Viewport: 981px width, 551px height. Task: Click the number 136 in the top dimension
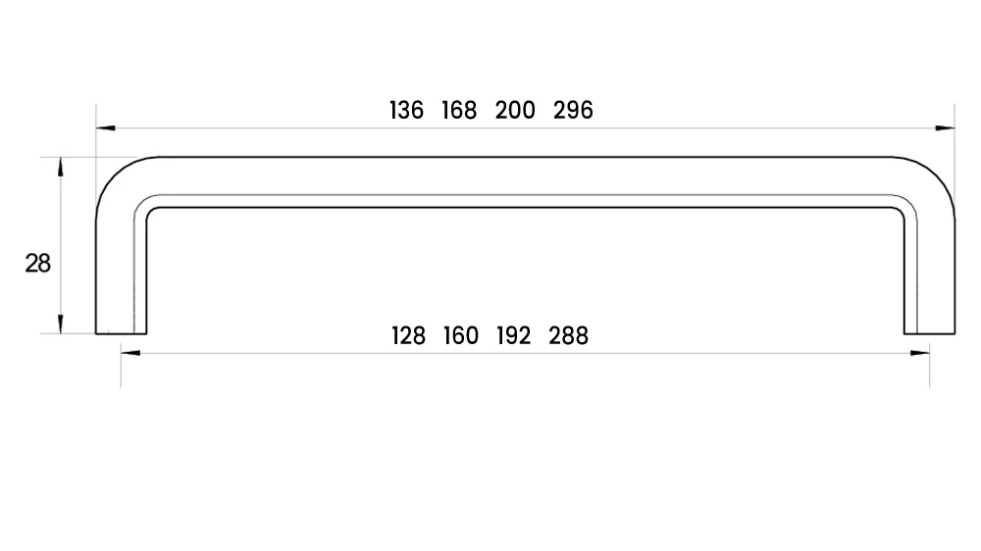[x=406, y=110]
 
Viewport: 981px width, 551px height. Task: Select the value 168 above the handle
[x=458, y=110]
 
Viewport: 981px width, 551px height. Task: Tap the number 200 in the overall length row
[x=515, y=110]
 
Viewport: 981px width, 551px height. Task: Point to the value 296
[x=573, y=110]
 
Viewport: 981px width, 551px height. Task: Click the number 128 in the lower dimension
[x=408, y=336]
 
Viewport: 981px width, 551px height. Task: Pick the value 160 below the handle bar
[x=460, y=336]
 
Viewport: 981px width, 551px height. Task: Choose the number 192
[x=513, y=336]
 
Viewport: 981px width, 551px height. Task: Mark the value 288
[x=568, y=336]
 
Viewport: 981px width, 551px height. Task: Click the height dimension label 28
[x=37, y=264]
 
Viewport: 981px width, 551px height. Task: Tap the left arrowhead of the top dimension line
[x=106, y=128]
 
